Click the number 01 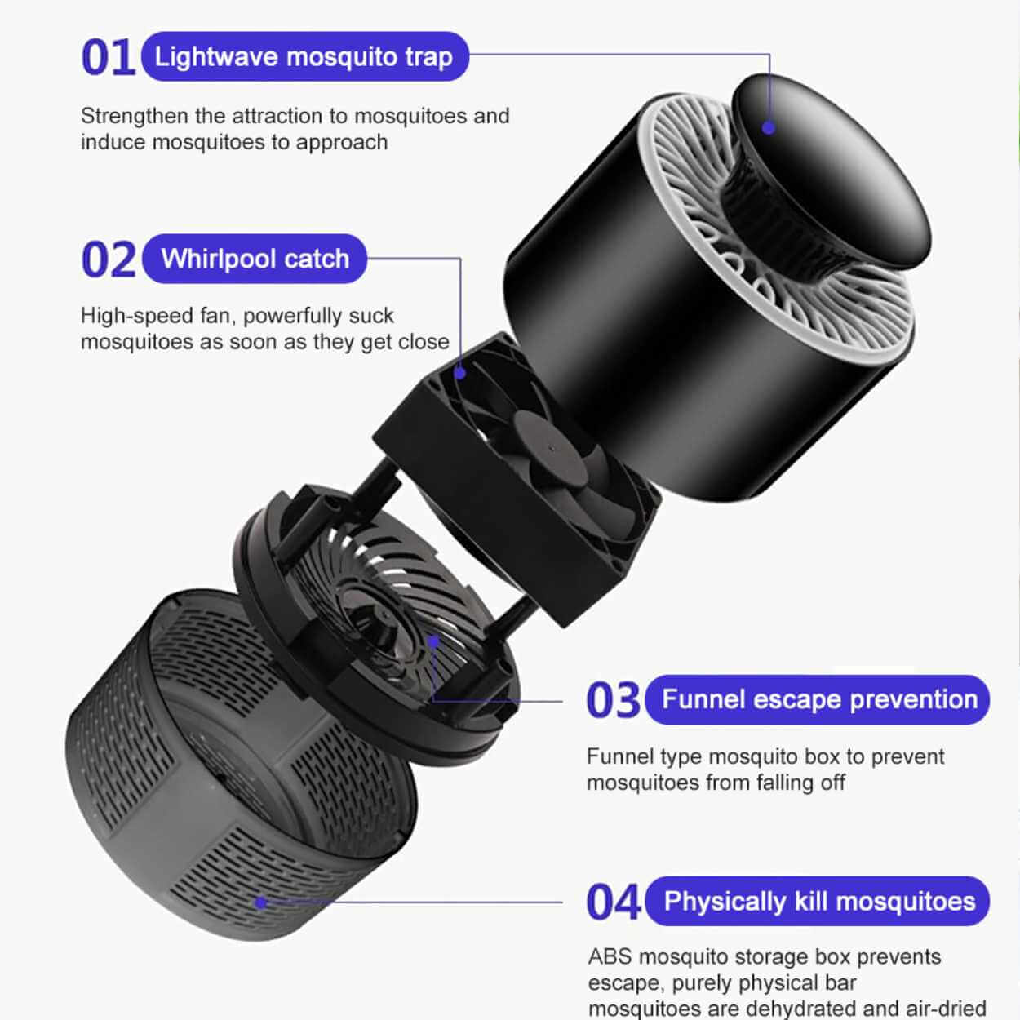point(108,57)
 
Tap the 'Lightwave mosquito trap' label point(305,56)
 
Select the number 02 point(109,259)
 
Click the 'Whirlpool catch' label point(255,259)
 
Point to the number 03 point(614,700)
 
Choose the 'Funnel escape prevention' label point(818,700)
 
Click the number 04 point(614,902)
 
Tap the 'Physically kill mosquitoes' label point(818,902)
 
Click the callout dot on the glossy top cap point(769,127)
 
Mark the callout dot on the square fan point(460,373)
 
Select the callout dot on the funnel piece point(433,642)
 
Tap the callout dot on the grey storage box point(261,902)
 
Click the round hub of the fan point(551,450)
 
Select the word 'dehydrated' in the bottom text point(805,1008)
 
